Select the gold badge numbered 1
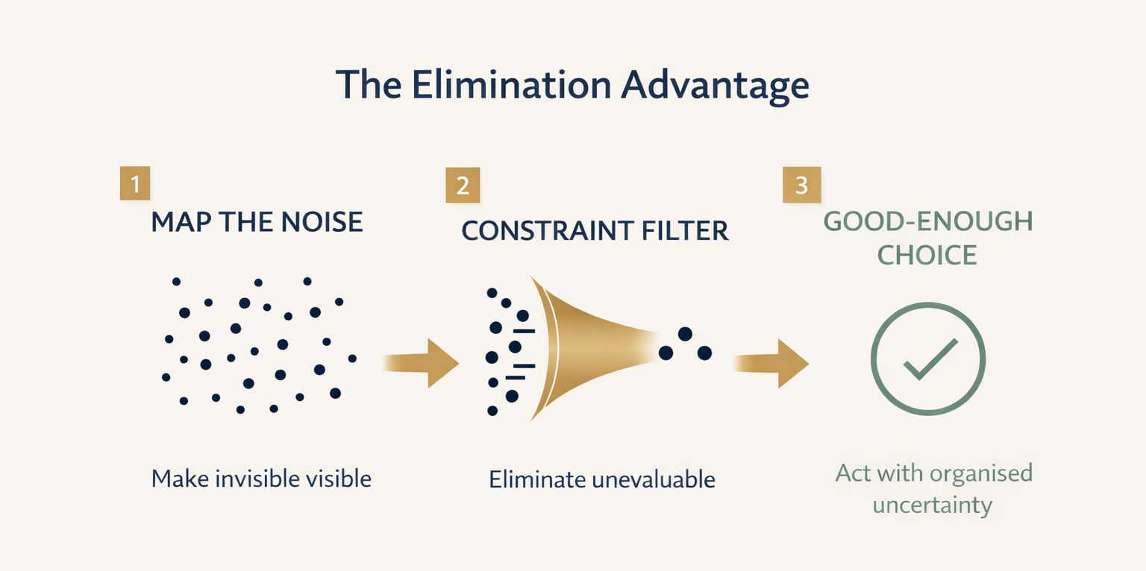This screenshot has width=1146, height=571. [x=135, y=184]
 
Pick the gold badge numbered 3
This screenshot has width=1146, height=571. [x=801, y=185]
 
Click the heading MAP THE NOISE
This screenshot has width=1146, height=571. [x=257, y=222]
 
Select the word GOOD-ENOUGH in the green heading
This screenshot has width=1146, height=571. [x=928, y=222]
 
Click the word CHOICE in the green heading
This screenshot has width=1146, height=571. [x=927, y=255]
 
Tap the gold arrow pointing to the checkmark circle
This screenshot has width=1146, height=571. [x=772, y=363]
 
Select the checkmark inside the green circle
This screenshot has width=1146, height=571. [x=930, y=359]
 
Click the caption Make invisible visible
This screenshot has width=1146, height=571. [x=261, y=478]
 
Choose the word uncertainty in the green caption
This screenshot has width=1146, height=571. [x=933, y=505]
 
